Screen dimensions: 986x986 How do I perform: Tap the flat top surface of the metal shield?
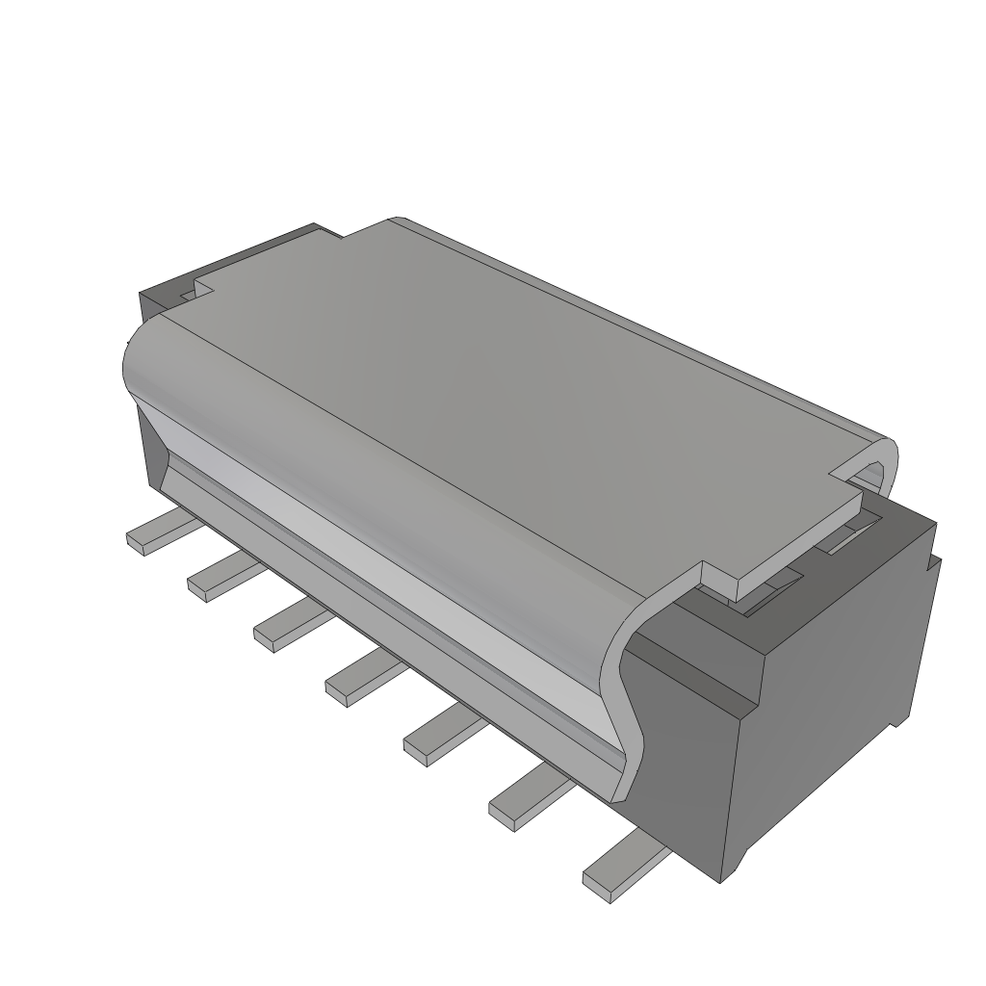coord(501,404)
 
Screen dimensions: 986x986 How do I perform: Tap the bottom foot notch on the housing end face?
coord(900,717)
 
